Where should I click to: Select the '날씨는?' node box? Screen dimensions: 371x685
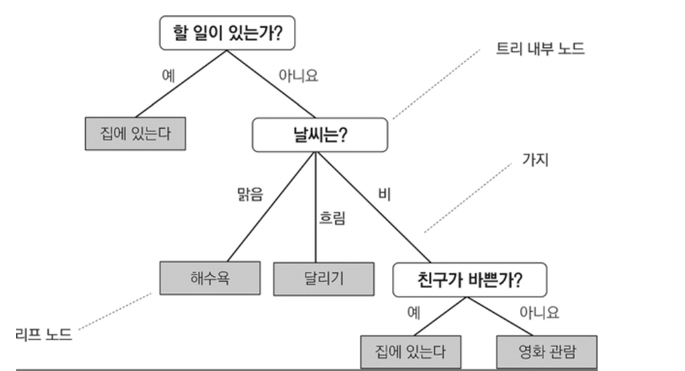coord(319,135)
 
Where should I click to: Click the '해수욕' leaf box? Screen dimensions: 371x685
coord(210,277)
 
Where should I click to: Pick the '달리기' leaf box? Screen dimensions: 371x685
coord(323,279)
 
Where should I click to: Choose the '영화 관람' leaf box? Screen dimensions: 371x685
coord(545,351)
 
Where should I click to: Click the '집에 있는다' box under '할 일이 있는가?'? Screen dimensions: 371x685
coord(135,134)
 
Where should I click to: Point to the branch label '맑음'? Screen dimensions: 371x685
coord(249,196)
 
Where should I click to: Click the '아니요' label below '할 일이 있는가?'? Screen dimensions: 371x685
coord(298,76)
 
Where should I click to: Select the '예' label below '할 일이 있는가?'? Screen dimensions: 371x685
coord(169,76)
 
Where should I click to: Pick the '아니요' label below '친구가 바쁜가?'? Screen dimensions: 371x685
coord(539,313)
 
